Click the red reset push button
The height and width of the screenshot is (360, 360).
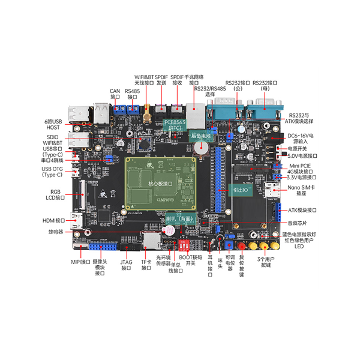coord(242,246)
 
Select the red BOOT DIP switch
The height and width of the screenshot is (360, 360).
coord(184,245)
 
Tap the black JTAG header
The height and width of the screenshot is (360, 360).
coord(128,246)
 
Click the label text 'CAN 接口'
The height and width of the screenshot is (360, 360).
coord(115,94)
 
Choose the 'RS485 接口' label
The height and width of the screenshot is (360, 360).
coord(132,94)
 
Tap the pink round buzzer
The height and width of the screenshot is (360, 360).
coord(170,230)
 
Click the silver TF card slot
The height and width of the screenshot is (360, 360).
coord(152,242)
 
